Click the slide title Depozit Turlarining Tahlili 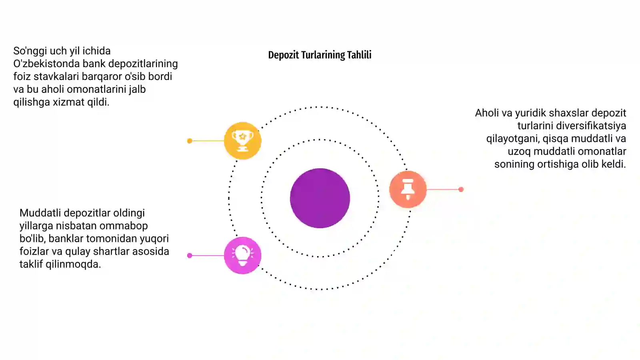point(320,55)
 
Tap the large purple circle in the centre point(320,198)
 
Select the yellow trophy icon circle point(242,140)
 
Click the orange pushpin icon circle point(408,189)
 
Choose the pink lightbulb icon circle point(242,256)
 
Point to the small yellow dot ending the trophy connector point(190,141)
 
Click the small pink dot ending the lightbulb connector point(190,256)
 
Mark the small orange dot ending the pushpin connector point(461,190)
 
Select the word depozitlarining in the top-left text point(143,64)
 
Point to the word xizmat point(68,102)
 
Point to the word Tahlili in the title point(359,55)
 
